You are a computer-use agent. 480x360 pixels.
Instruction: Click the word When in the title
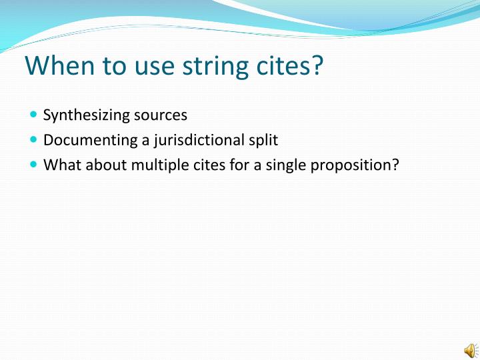point(55,66)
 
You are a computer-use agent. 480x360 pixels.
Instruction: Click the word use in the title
point(147,66)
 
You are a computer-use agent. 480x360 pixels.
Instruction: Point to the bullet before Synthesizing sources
point(34,115)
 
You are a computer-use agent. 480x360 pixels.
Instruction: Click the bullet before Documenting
point(34,140)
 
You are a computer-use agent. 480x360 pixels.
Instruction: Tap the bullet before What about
point(34,165)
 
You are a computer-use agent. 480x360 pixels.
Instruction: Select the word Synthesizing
point(86,115)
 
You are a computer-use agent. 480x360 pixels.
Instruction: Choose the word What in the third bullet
point(59,165)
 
